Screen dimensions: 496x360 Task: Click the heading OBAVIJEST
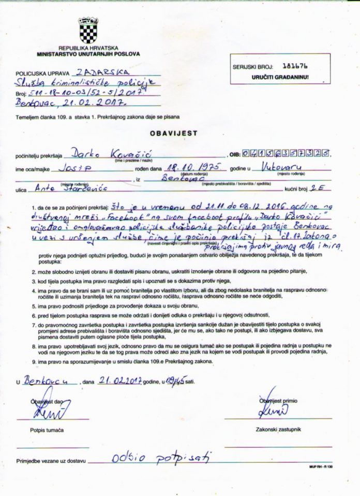(x=174, y=133)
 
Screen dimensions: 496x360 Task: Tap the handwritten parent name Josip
(x=75, y=168)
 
